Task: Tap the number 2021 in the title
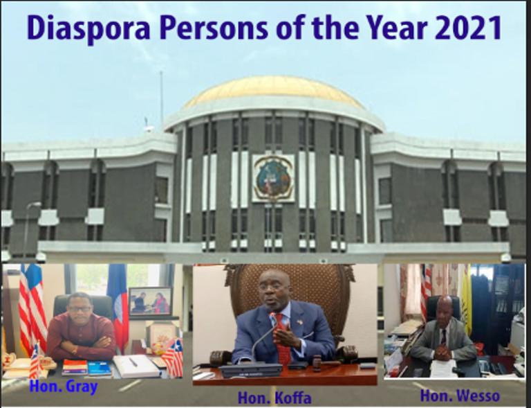[x=467, y=28]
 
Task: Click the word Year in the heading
[x=397, y=28]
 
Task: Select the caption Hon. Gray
[x=64, y=387]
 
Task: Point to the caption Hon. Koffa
[x=274, y=398]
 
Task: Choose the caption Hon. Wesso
[x=460, y=396]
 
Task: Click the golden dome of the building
[x=274, y=91]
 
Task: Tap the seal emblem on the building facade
[x=273, y=179]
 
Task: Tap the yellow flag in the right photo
[x=466, y=300]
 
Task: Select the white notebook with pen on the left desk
[x=136, y=366]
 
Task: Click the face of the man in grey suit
[x=445, y=310]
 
